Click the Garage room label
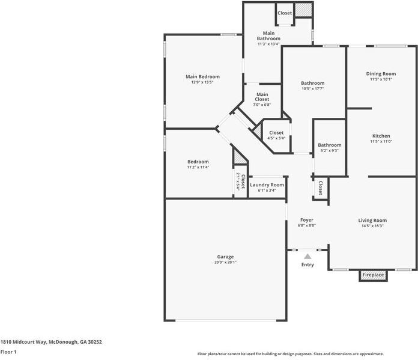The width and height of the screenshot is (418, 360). (225, 257)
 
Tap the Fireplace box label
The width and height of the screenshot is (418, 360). (372, 275)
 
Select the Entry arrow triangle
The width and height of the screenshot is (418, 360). (307, 257)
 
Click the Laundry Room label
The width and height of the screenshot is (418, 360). (267, 185)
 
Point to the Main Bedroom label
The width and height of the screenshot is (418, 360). (202, 77)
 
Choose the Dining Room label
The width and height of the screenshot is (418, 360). (381, 74)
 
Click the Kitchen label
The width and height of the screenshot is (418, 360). (381, 136)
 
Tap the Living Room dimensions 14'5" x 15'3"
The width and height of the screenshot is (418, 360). (372, 226)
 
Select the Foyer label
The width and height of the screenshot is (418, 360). (307, 220)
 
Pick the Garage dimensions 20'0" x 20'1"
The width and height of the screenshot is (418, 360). (225, 263)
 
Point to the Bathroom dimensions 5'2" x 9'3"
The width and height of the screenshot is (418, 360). (329, 151)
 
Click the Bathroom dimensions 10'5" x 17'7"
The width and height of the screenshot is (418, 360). (312, 89)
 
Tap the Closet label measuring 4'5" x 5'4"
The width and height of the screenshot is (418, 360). (276, 138)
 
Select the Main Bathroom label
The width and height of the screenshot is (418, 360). (268, 35)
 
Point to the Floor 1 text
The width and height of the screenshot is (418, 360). (8, 352)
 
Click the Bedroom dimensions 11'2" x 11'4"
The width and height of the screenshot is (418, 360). (198, 167)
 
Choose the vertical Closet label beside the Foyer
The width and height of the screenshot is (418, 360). (320, 188)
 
